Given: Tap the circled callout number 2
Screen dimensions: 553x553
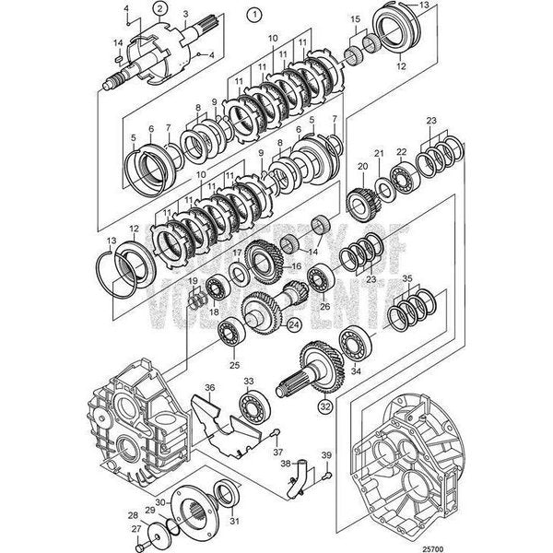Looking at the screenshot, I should click(x=160, y=8).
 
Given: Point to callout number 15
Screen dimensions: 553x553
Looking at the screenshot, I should click(x=355, y=18).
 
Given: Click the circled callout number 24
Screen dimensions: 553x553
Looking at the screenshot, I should click(x=294, y=324).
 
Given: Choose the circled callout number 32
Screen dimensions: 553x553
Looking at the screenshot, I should click(x=300, y=404).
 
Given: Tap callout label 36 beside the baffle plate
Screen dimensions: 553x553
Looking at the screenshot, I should click(x=210, y=387).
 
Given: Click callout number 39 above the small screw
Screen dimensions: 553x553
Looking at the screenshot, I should click(x=326, y=455).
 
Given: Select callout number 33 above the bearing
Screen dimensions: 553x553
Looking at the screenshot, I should click(x=248, y=380).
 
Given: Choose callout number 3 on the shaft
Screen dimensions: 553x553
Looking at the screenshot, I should click(x=186, y=15).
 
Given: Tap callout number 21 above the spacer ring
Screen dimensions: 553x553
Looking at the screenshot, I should click(x=378, y=152).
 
